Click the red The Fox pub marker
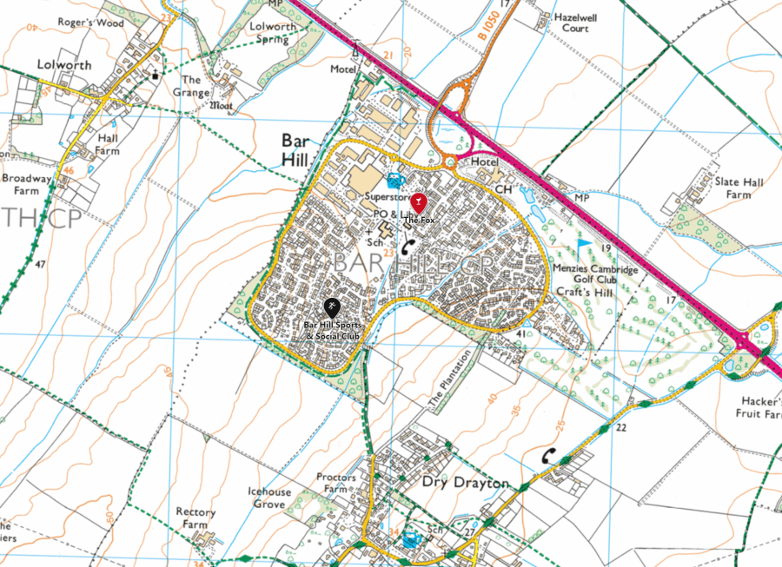coord(420,203)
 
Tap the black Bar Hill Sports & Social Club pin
coord(331,307)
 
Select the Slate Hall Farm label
coord(739,188)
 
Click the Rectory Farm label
coord(195,518)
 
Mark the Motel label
coord(343,69)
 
